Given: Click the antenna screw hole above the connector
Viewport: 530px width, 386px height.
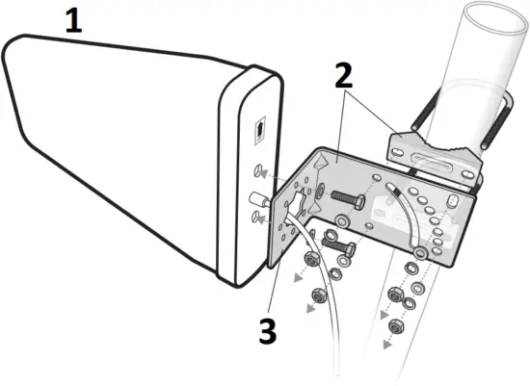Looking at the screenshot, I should point(257,171).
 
